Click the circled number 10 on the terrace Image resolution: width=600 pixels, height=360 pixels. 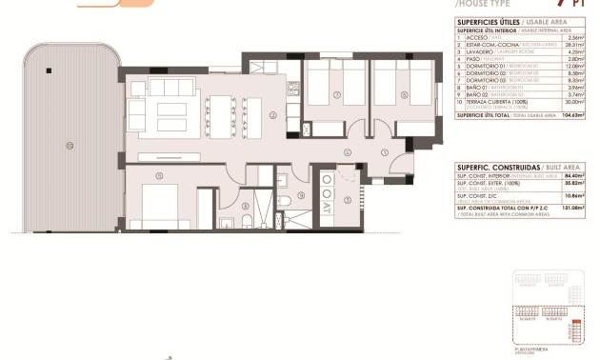point(69,145)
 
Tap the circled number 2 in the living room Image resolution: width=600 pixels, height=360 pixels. point(272,117)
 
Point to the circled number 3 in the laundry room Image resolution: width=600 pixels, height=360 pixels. point(348,199)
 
